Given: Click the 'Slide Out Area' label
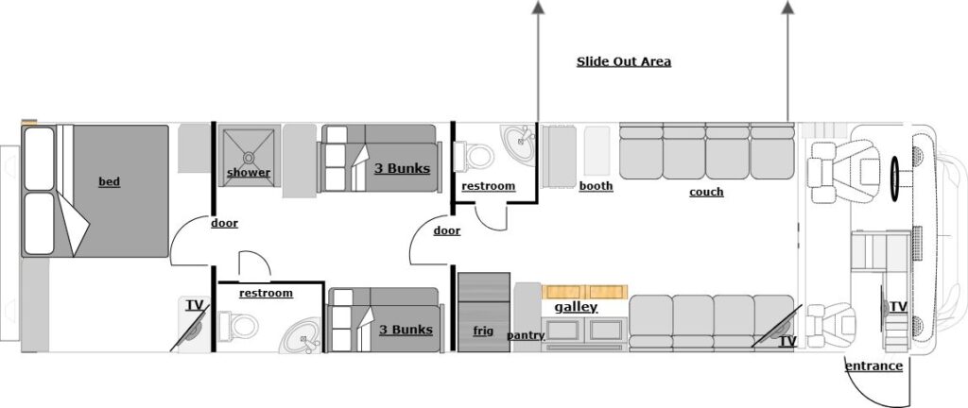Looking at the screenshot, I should (624, 62).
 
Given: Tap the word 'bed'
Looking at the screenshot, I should (110, 181).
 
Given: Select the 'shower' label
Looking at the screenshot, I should (249, 173).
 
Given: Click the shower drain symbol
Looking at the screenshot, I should (250, 156).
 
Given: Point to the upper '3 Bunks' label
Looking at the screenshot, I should (403, 169).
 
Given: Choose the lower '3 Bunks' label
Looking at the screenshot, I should (406, 330).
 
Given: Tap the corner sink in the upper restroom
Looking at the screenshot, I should (518, 144).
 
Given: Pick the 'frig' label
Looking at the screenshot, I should (483, 331).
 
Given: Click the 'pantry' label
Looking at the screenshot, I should (526, 335).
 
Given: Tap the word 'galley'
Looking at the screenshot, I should (576, 308).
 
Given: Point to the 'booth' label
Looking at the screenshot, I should (596, 186).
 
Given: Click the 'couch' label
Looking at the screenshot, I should (706, 192).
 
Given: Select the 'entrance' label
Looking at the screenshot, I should (873, 366).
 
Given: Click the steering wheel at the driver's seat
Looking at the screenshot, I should (894, 171).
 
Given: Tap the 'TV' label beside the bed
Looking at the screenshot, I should (195, 305).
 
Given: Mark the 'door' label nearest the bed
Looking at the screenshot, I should (224, 224).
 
